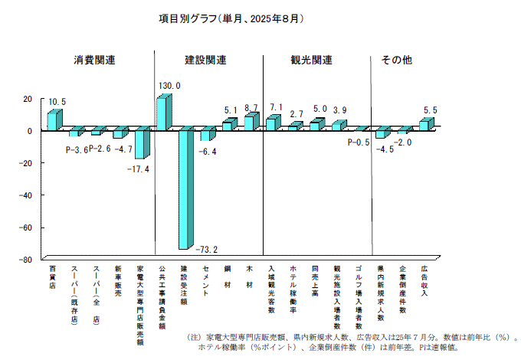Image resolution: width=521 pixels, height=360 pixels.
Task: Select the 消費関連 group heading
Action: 94,60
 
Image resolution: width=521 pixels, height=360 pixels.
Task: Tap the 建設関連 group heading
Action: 205,60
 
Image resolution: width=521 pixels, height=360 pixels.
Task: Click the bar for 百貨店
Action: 53,120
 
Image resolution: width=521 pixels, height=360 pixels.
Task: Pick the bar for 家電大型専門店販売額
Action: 140,144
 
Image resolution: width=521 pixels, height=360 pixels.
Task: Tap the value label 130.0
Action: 169,86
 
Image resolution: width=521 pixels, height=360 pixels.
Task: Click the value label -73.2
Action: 206,250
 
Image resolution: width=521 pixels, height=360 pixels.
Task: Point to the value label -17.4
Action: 138,169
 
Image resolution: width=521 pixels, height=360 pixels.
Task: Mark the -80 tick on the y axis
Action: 25,260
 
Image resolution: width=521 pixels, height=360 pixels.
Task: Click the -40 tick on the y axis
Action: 25,195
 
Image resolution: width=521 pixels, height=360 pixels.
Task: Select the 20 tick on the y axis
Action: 28,99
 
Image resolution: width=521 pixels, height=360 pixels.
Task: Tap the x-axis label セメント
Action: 206,282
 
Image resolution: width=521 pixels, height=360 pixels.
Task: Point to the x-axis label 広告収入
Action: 424,282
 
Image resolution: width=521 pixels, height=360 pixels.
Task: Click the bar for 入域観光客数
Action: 272,123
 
